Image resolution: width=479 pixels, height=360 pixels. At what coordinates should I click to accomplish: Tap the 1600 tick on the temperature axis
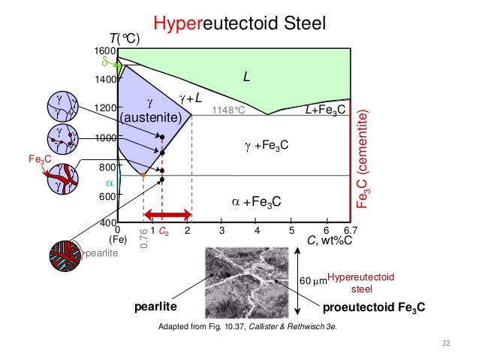coord(103,50)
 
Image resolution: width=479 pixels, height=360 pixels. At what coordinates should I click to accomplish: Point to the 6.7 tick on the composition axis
coord(349,231)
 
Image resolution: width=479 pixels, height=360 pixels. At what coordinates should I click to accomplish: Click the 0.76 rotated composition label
coord(143,240)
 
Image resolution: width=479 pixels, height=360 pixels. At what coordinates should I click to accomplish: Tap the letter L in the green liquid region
coord(246,76)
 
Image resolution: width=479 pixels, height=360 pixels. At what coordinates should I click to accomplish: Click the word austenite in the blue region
coord(151,118)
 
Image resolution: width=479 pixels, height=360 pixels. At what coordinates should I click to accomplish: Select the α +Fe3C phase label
coord(256,201)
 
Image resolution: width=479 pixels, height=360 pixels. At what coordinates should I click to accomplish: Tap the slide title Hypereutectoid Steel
coord(238,24)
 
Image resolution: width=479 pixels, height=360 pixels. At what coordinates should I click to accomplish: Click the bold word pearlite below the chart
coord(156,307)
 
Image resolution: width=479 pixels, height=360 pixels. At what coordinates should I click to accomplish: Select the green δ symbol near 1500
coord(107,64)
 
